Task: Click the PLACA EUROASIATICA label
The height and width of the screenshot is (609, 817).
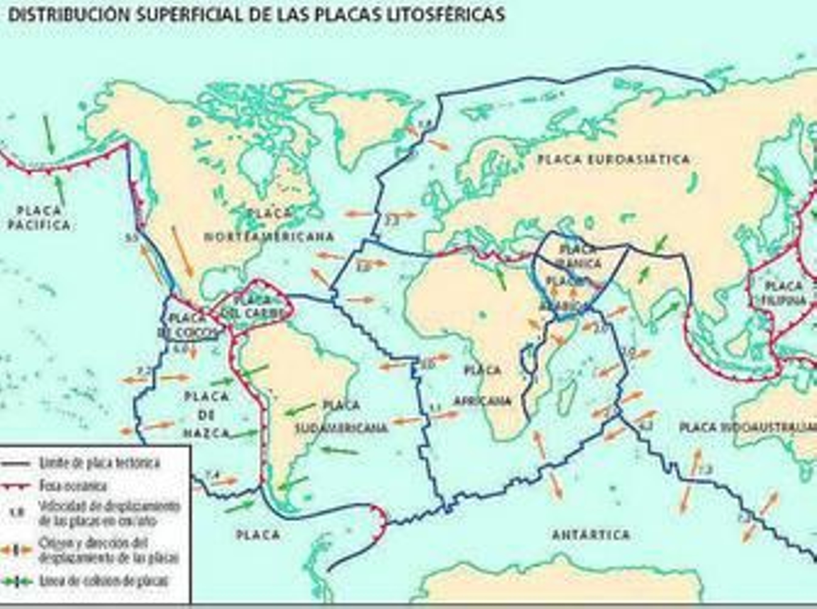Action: (x=613, y=159)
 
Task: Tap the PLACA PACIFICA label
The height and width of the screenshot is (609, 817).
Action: (x=39, y=218)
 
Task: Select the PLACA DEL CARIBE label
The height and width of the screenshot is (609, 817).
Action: (x=253, y=306)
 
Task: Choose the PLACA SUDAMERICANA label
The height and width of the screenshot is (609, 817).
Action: (x=342, y=417)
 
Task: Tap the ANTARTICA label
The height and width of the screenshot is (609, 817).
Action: (x=591, y=535)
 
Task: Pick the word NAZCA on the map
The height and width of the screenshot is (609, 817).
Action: (x=206, y=433)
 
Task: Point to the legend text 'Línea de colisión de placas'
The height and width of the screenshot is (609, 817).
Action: (x=104, y=581)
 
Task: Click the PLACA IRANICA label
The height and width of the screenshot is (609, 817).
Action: (x=580, y=257)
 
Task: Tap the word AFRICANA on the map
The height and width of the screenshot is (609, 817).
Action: (x=482, y=401)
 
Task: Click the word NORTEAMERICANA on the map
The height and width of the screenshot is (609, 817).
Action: (x=269, y=237)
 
